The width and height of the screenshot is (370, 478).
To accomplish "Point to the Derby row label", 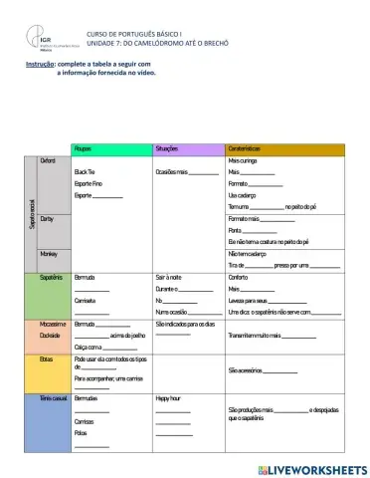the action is pos(47,217).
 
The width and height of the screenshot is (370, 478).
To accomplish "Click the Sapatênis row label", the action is pos(52,277).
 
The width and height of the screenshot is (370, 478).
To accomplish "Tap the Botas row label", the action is pos(47,358).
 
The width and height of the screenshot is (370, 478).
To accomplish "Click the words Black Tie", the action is pos(85,171).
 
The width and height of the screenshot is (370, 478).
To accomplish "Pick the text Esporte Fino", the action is pos(88,183).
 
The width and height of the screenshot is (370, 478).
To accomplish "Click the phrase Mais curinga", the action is pos(245,159).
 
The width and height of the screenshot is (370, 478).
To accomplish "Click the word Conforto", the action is pos(240,277).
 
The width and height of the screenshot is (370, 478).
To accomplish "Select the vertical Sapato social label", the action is pos(33,214).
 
